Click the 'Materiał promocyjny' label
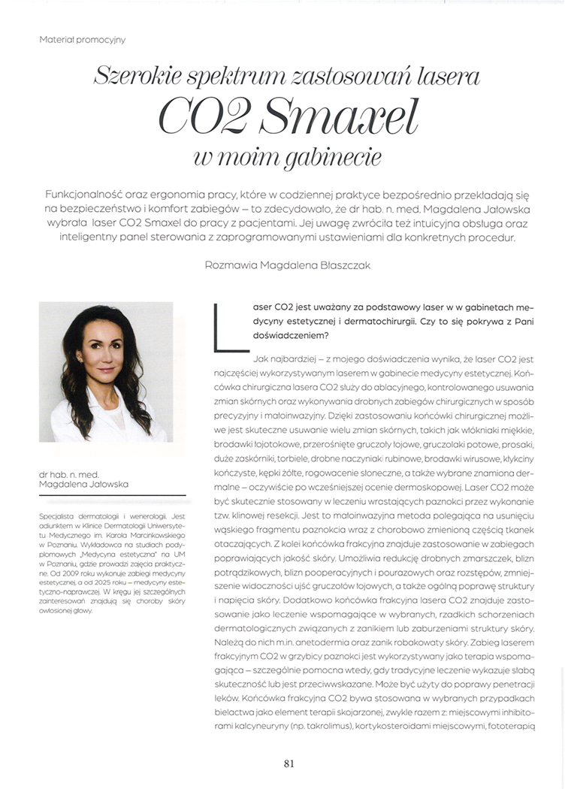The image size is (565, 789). pos(83,39)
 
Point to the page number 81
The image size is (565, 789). pos(289,763)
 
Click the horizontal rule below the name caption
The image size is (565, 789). pos(112,495)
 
